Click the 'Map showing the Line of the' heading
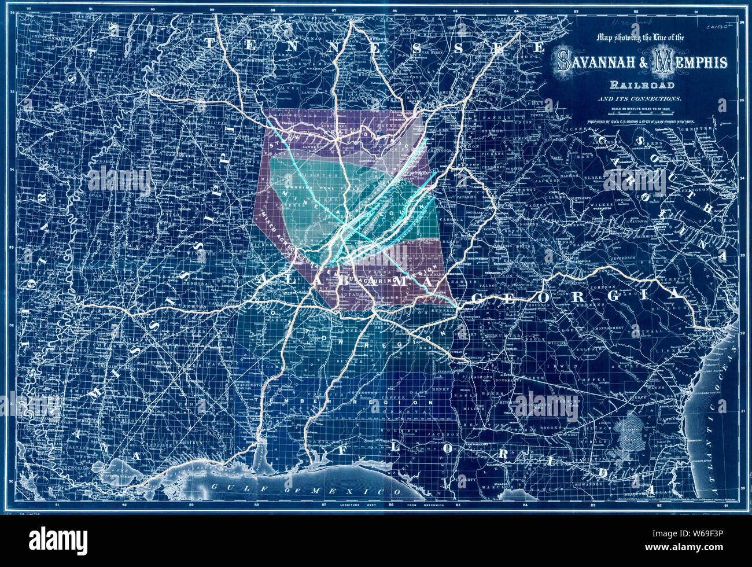click(x=640, y=38)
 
